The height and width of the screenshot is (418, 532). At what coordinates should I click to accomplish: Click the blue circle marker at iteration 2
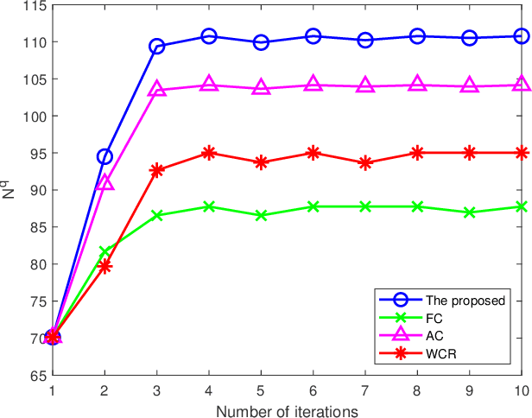coord(104,156)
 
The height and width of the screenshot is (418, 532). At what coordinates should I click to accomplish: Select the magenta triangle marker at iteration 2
coord(104,182)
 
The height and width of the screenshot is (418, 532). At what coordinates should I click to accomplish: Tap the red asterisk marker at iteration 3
coord(156,170)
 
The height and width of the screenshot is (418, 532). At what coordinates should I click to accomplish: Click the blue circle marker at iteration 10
coord(521,36)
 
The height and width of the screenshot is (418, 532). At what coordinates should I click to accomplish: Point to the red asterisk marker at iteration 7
coord(365,162)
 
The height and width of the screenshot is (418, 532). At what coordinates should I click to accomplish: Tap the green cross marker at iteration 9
coord(469,212)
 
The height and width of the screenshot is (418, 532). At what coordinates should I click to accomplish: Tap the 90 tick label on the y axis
coord(36,191)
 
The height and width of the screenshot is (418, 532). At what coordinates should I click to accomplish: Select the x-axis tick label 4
coord(209,390)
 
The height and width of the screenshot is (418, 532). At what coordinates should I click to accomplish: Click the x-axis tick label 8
coord(417,390)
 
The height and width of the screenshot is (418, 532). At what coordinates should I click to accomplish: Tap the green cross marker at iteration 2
coord(104,252)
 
